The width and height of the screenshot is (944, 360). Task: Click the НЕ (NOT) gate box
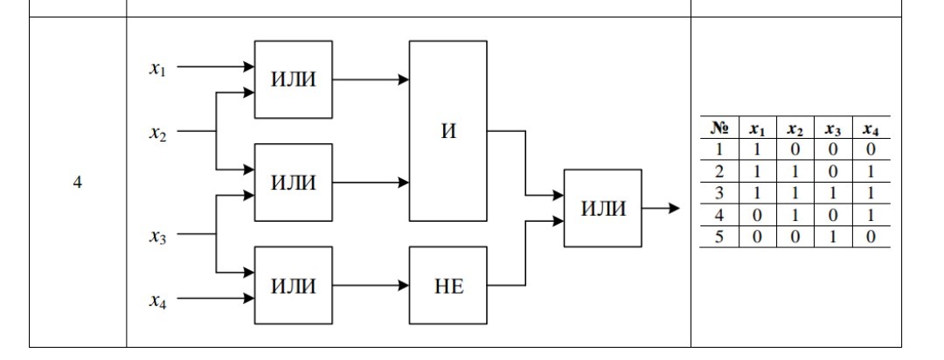point(448,285)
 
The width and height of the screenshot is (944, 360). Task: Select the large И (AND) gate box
point(448,131)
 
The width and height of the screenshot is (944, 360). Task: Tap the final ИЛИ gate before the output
point(602,208)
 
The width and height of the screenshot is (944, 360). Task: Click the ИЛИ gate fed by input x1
point(293,80)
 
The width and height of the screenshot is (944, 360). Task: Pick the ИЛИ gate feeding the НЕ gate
point(293,285)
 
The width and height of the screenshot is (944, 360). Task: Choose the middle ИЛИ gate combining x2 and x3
point(293,183)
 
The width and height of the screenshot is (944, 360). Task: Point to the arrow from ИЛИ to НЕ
point(371,285)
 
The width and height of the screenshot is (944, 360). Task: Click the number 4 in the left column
point(78,183)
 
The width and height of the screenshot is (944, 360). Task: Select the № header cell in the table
point(719,128)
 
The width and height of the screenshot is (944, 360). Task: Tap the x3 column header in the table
point(831,128)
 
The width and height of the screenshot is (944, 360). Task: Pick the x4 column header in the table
point(869,128)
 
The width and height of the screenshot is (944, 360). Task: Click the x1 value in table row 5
point(757,237)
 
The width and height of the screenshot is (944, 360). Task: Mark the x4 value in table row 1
point(869,149)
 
